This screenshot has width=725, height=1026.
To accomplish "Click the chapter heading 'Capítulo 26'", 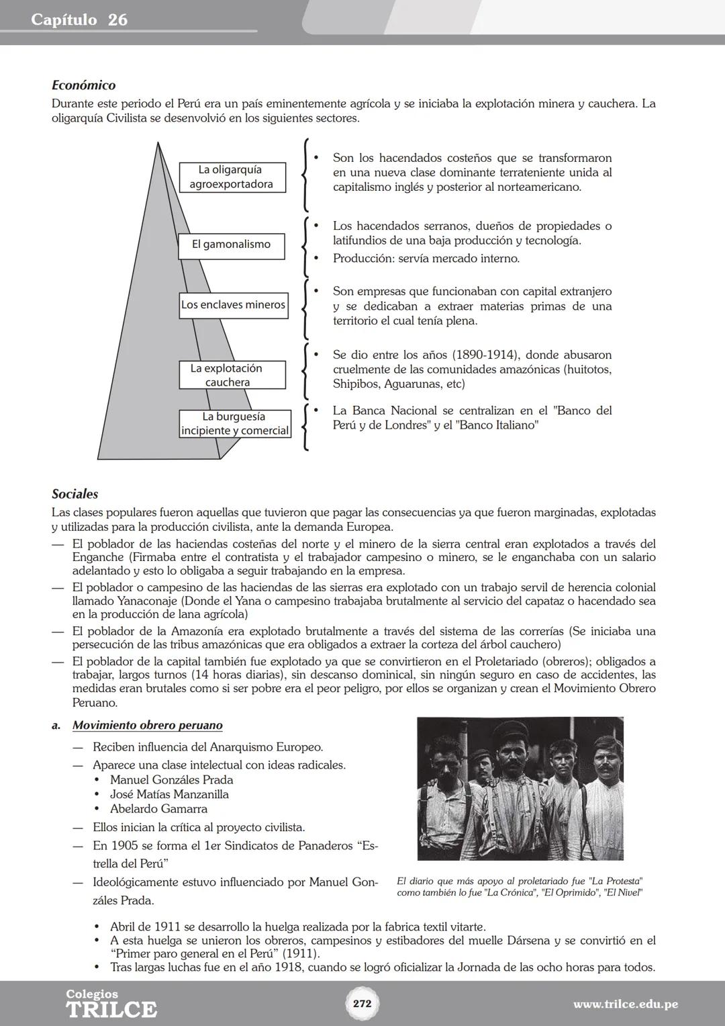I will click(x=79, y=19).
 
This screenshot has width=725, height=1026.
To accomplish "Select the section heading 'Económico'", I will click(x=83, y=85).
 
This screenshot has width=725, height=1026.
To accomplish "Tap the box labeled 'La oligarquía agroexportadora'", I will click(x=232, y=177).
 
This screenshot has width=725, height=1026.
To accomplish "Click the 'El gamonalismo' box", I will click(x=231, y=245).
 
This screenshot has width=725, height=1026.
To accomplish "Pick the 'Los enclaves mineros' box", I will click(x=233, y=305).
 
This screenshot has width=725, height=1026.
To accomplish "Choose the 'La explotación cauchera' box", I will click(x=232, y=375).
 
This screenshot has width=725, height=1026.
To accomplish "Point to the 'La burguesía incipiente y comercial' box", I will click(x=235, y=424).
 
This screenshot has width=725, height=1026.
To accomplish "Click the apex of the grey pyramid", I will click(x=158, y=143).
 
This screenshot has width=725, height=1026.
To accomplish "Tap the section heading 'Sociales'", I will click(x=75, y=494).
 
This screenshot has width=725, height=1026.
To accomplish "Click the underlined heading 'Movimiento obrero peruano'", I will click(x=147, y=726).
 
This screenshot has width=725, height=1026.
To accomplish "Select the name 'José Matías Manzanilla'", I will click(x=169, y=794).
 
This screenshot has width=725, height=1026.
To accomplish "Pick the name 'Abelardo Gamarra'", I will click(x=158, y=809).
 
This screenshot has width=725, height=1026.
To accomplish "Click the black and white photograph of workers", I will click(x=520, y=788).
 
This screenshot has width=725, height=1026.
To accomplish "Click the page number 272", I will click(x=362, y=1004).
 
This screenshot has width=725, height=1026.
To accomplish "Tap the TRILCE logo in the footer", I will click(x=111, y=1004).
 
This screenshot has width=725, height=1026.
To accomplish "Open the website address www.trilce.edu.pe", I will click(x=625, y=1004).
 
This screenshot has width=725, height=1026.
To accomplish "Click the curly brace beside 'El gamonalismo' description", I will click(x=306, y=246).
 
